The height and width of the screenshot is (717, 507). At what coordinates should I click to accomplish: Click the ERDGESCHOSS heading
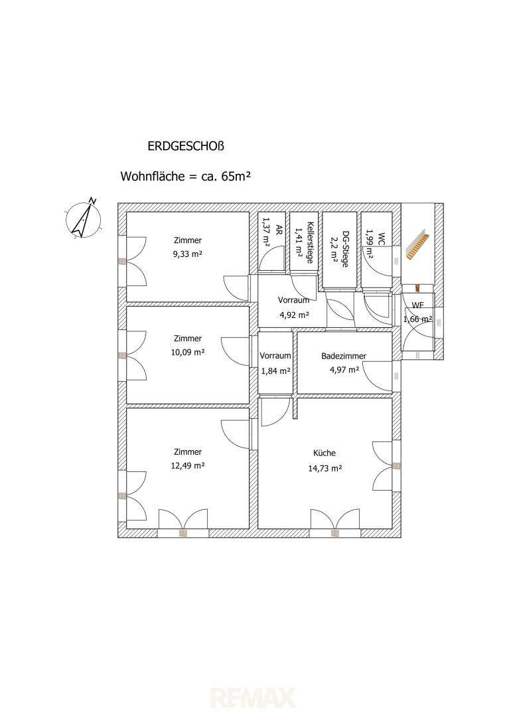click(x=186, y=146)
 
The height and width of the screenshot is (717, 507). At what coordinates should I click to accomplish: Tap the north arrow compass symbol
click(x=84, y=220)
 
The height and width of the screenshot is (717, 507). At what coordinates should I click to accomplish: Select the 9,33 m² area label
click(x=187, y=254)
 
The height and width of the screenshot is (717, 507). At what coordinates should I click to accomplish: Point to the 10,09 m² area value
click(x=187, y=352)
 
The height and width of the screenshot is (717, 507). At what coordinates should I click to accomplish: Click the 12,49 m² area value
click(x=187, y=465)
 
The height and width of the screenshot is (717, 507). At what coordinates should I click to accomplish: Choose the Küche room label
click(x=325, y=453)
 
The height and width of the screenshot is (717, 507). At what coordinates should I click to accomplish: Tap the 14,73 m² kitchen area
click(x=325, y=468)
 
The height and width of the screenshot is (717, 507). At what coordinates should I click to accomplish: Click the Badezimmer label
click(x=344, y=357)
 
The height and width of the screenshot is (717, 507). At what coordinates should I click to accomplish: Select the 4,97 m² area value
click(x=344, y=370)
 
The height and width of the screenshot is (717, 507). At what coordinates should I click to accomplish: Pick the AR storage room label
click(x=277, y=228)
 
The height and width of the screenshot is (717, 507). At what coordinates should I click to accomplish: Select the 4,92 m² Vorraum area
click(x=294, y=315)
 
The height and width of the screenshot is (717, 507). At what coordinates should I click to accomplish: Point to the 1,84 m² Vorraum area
click(x=275, y=371)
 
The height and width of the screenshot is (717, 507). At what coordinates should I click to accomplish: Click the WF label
click(x=418, y=305)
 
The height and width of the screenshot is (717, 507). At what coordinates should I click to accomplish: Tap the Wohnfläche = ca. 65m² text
click(x=186, y=176)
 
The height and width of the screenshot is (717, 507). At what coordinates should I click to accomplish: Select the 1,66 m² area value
click(x=418, y=319)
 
